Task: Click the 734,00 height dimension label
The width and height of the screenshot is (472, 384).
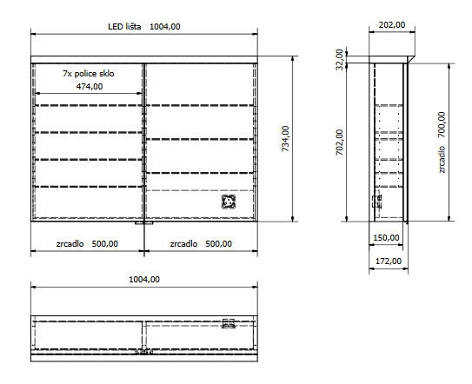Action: pos(285,138)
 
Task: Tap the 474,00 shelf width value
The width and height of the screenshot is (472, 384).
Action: pos(90,87)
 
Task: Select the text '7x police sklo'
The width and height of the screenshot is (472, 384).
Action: pos(89,74)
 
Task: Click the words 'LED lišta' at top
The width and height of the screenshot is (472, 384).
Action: pos(124,26)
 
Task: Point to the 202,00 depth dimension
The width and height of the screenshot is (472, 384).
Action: pos(392,24)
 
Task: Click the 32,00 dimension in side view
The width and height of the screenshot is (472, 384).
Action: pos(340,59)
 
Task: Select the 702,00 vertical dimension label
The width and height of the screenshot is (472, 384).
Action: pos(340,142)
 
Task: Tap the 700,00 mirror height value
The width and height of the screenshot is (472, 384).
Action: pos(442,124)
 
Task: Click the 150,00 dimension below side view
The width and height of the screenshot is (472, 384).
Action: pos(386,238)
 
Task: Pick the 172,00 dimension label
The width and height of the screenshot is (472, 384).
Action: pos(389,262)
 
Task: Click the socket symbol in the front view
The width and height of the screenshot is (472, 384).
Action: pos(229,202)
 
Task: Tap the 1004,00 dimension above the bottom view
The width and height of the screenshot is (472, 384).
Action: pos(144,279)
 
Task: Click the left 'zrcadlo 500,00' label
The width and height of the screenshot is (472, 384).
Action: pos(87,244)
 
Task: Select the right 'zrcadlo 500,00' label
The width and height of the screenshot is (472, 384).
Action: pos(201,244)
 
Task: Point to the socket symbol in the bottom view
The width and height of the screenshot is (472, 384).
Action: pos(229,323)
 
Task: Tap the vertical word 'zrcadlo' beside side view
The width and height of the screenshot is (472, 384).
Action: pos(442,160)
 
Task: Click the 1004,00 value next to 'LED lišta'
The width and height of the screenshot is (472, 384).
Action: pos(165,26)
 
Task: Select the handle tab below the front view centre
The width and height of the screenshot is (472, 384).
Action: pos(144,223)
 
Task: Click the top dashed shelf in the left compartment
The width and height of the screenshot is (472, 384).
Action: pos(89,105)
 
